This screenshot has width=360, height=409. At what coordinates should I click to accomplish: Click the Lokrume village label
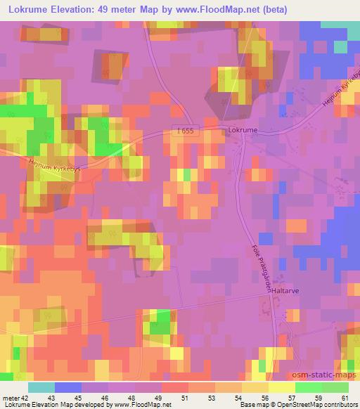pyautogui.click(x=243, y=131)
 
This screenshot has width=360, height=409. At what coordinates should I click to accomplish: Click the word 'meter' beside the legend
pyautogui.click(x=11, y=398)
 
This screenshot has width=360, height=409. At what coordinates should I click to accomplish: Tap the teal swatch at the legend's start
pyautogui.click(x=41, y=387)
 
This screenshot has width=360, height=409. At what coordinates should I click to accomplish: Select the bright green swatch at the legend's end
pyautogui.click(x=335, y=387)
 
